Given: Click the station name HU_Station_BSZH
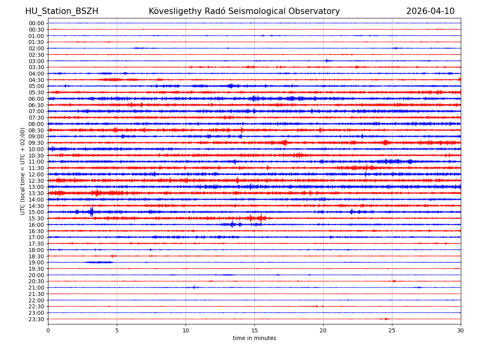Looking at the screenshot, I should (62, 12).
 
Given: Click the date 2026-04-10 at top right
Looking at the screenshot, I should (430, 12).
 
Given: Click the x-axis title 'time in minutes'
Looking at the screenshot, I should (254, 338).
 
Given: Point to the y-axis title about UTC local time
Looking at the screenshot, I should (23, 171).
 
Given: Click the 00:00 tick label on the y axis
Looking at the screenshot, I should (36, 23).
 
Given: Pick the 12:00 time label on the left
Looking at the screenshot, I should (36, 174).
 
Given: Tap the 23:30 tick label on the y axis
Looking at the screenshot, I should (36, 319).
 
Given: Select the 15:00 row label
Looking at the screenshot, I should (36, 212).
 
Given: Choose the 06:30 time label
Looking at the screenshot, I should (36, 105).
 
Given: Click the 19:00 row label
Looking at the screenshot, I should (36, 262).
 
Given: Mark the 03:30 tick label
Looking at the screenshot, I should (36, 67).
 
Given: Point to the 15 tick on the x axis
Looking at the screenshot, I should (254, 330).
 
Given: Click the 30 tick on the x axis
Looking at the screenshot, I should (461, 330).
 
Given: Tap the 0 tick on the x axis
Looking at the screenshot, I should (48, 330).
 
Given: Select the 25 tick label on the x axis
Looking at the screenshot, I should (392, 330).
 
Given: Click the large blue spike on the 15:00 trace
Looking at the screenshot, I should (92, 212).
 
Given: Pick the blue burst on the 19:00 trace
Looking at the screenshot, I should (99, 262).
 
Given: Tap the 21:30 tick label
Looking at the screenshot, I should (36, 294).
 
